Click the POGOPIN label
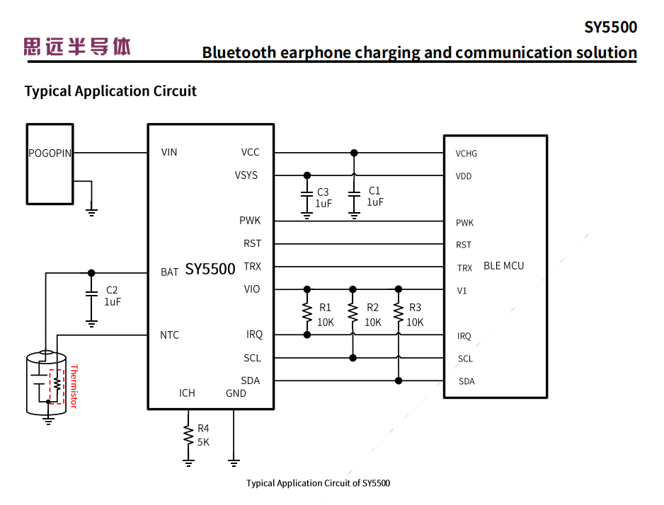[x=50, y=153]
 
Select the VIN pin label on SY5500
[x=169, y=152]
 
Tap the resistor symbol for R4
[x=188, y=435]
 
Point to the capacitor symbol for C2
[x=91, y=294]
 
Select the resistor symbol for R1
[x=307, y=312]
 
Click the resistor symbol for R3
[x=399, y=312]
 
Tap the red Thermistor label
[x=73, y=386]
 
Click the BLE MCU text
[x=503, y=266]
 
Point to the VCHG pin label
[x=466, y=153]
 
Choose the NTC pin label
[x=169, y=335]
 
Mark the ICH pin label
[x=187, y=393]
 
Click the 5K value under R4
[x=203, y=442]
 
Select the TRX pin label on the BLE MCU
[x=464, y=268]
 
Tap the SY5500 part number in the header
[x=610, y=28]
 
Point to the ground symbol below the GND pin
[x=234, y=463]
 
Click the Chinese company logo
[x=77, y=47]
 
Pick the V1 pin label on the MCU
[x=462, y=291]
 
